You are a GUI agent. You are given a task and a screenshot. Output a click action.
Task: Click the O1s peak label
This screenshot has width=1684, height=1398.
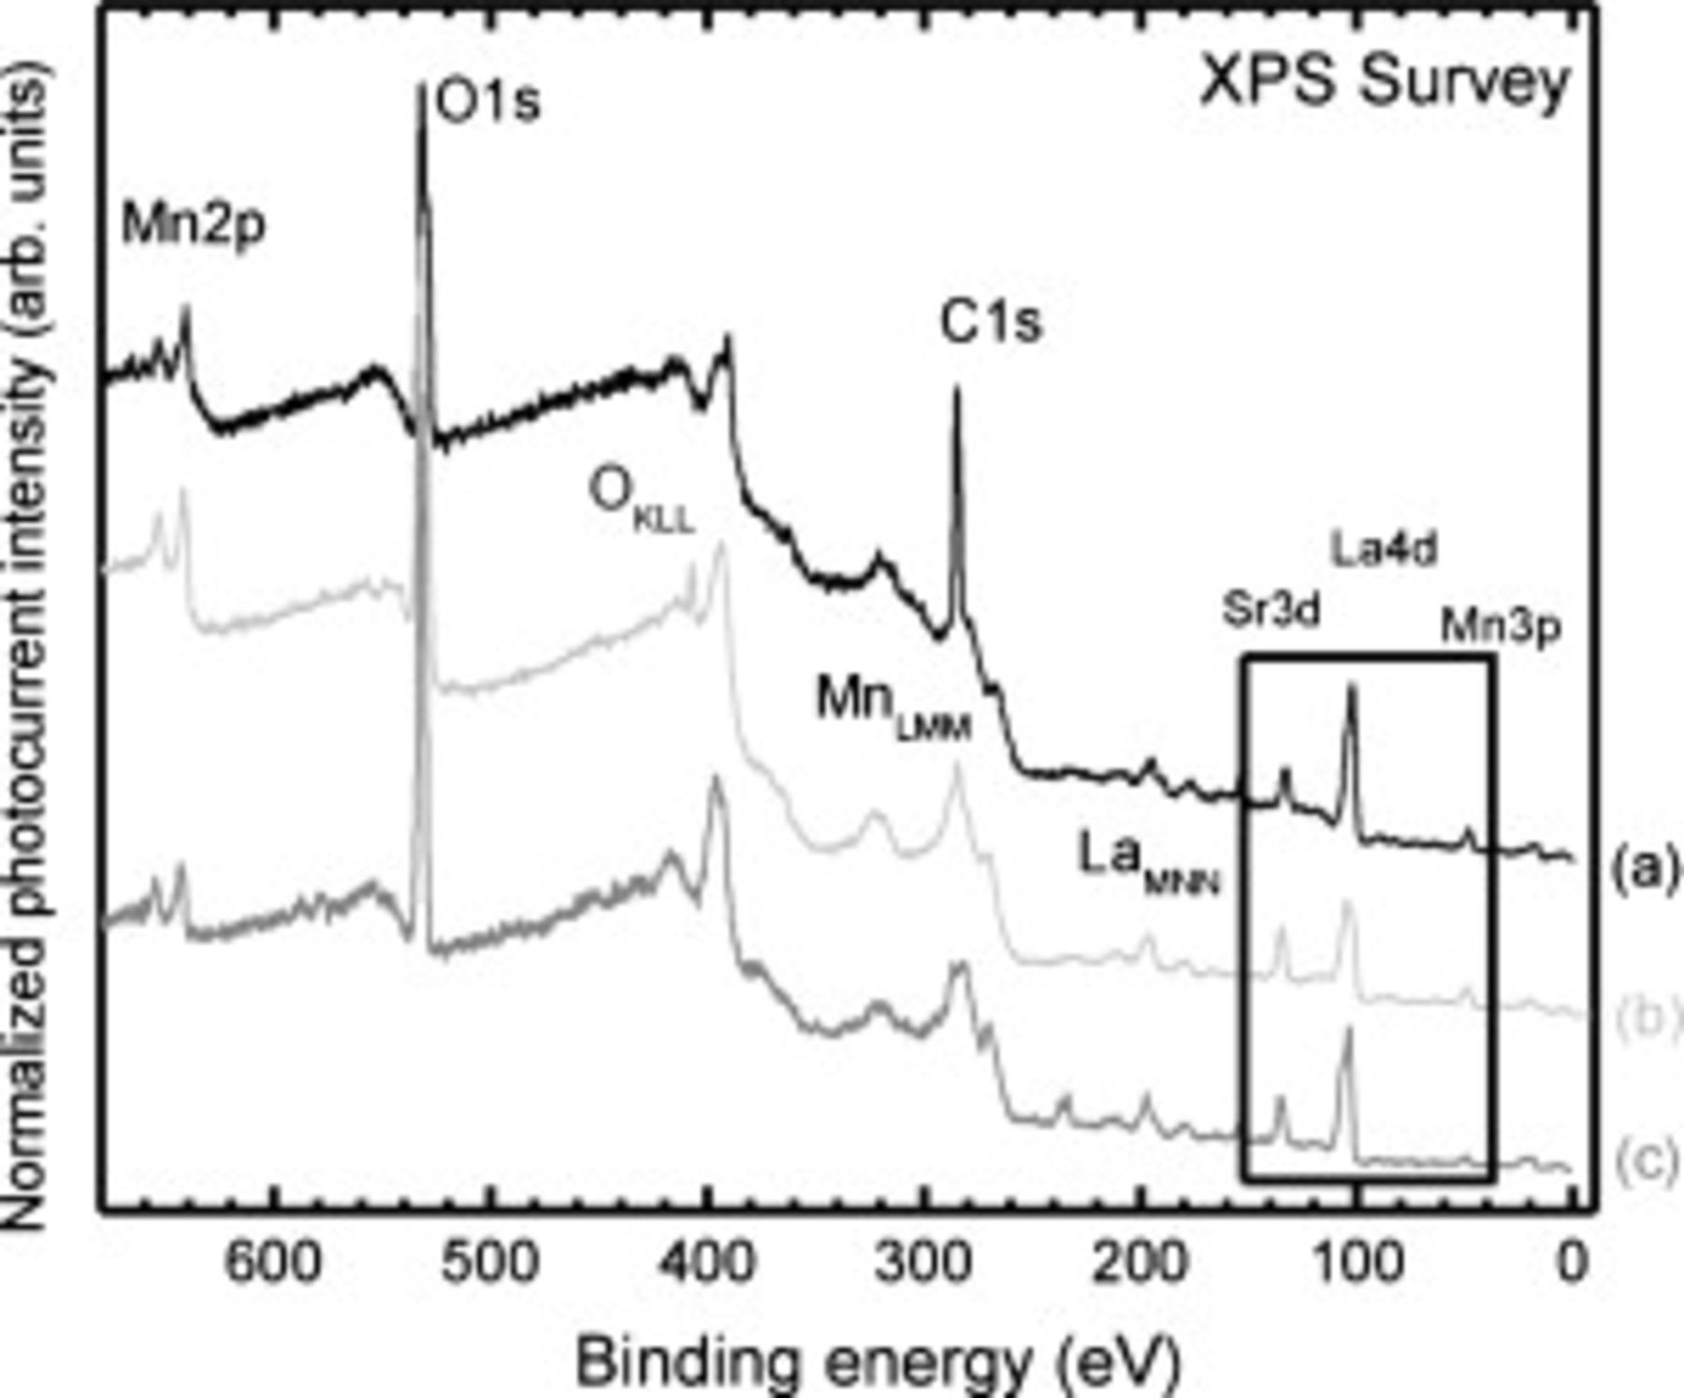tap(488, 103)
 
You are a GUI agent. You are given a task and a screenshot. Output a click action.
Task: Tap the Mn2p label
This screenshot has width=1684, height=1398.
tap(194, 226)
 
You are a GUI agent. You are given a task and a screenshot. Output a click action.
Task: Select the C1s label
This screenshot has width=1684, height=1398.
tap(990, 324)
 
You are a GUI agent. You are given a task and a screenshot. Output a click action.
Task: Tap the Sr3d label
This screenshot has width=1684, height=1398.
tap(1270, 611)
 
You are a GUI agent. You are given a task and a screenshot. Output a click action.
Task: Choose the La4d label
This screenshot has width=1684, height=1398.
tap(1384, 550)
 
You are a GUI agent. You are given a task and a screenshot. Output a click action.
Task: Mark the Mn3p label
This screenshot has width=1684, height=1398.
tap(1500, 628)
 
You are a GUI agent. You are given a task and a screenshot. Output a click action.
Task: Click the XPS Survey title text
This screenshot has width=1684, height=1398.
tap(1384, 82)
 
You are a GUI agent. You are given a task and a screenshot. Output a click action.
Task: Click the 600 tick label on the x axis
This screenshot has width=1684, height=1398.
tap(273, 1262)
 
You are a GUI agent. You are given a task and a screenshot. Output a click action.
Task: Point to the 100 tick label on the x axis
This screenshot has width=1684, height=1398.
tap(1357, 1262)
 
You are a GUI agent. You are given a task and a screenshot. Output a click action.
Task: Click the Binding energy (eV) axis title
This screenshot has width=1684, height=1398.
tap(878, 1362)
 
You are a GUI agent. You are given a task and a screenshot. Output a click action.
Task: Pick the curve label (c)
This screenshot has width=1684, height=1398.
tap(1645, 1161)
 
